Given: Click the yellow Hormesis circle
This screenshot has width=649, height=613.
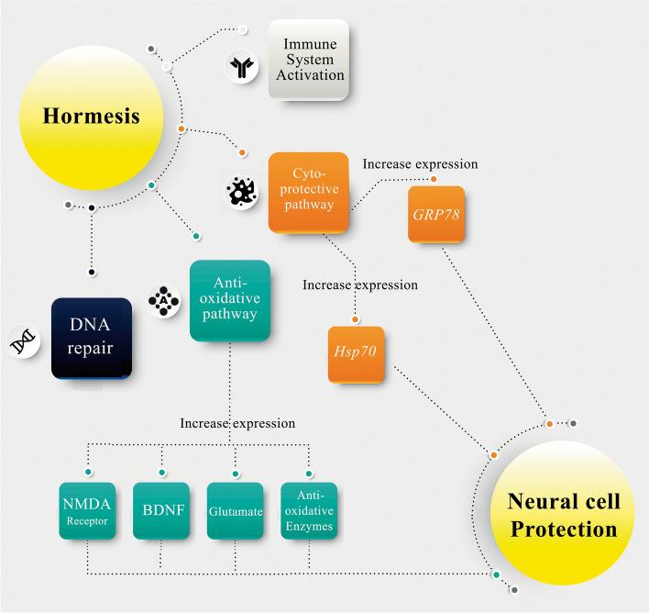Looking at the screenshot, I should [x=92, y=117].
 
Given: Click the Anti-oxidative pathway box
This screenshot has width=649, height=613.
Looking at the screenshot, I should [x=230, y=300].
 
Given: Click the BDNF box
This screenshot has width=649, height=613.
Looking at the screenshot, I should [x=161, y=511].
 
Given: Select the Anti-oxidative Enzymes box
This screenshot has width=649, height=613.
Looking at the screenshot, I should [x=309, y=511].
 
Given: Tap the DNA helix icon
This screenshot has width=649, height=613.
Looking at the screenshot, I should [x=23, y=340].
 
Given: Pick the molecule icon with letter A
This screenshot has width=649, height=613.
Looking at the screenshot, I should [x=164, y=302].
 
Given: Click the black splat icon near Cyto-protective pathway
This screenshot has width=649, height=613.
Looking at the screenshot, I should [x=242, y=191].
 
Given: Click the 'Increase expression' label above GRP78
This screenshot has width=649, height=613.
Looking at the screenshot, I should [x=420, y=163].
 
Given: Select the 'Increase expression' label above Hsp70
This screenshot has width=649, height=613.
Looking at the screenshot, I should [x=360, y=284].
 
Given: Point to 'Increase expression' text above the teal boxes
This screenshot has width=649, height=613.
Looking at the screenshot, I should [x=237, y=423].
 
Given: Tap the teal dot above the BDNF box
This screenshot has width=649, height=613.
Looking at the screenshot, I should [x=161, y=472].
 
